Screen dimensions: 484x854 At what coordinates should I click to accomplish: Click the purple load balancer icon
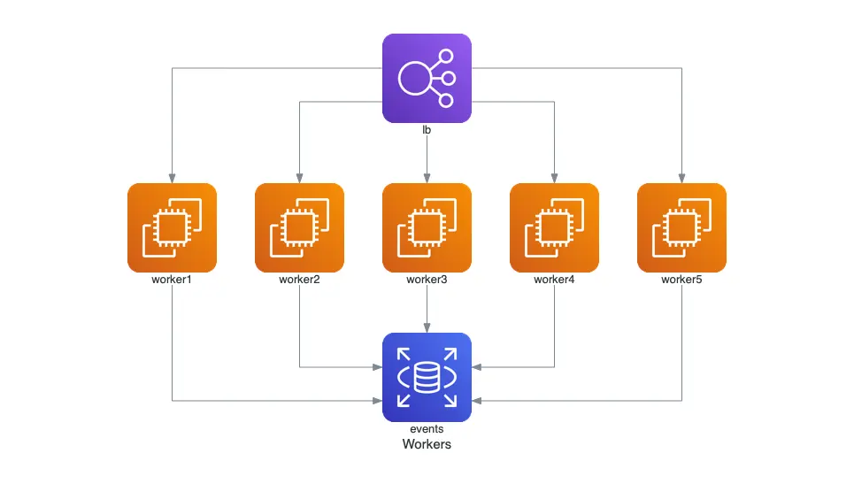[427, 78]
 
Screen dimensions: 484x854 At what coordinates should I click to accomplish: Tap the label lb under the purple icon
[427, 130]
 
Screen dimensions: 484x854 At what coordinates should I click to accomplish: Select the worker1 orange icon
[172, 227]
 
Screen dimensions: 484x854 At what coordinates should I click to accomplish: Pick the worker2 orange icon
[299, 227]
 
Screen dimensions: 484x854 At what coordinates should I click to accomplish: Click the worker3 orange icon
[427, 227]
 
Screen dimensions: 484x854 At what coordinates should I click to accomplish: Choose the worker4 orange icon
[554, 227]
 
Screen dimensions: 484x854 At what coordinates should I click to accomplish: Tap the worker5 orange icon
[681, 227]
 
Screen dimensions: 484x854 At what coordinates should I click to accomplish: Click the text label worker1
[172, 280]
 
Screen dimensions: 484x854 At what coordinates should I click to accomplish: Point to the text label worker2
[299, 280]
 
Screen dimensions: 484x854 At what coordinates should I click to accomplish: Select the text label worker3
[427, 280]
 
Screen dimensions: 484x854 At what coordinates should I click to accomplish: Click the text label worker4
[554, 280]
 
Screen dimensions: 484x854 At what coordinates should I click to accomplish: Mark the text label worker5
[681, 280]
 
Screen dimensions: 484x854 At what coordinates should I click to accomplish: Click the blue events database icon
[427, 377]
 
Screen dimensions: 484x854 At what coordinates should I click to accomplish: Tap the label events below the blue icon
[427, 429]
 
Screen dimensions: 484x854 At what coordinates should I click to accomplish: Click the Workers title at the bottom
[427, 444]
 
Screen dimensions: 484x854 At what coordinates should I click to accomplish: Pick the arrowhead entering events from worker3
[427, 328]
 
